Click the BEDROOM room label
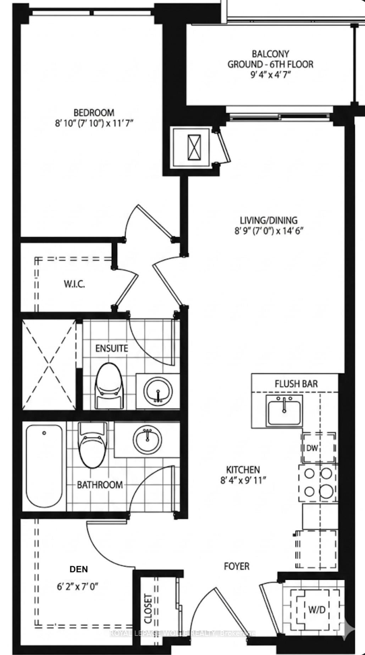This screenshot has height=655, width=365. tap(94, 113)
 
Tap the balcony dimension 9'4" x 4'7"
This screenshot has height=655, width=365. tap(270, 75)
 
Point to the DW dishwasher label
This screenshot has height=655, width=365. tap(312, 448)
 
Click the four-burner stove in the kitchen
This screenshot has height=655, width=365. tap(318, 483)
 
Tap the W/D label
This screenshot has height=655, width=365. tap(317, 610)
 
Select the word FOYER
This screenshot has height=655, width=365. tap(237, 566)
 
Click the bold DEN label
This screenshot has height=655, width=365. tap(79, 569)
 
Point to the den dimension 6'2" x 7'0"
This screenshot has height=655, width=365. tap(77, 587)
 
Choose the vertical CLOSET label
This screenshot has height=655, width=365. tap(148, 609)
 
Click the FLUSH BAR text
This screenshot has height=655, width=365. tap(296, 384)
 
